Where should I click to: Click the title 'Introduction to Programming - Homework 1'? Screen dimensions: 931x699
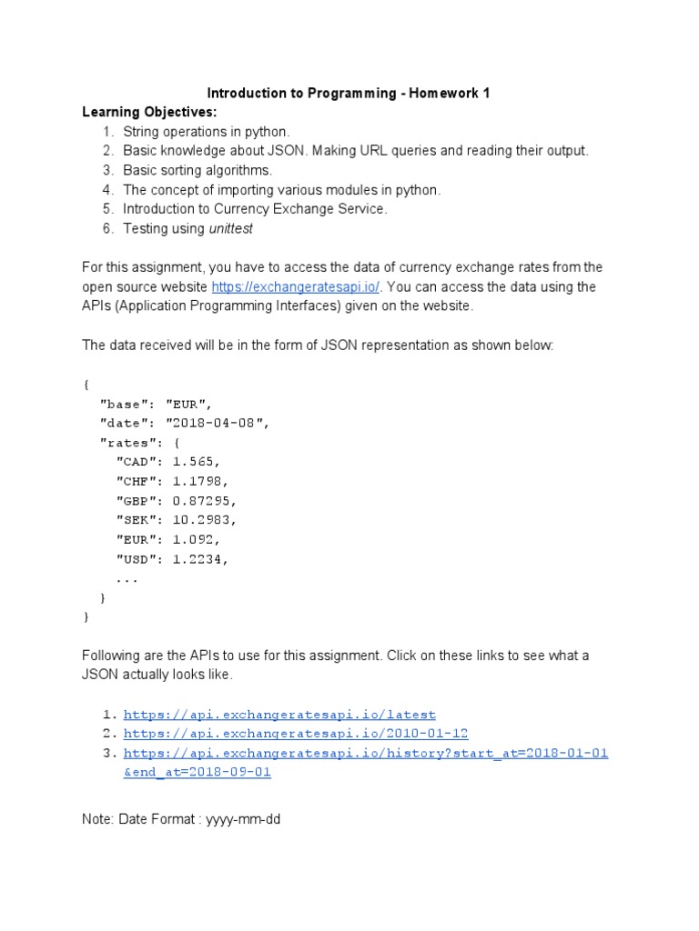click(349, 94)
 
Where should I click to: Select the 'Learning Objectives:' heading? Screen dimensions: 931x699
click(150, 113)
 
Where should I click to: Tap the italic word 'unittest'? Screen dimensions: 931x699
click(231, 229)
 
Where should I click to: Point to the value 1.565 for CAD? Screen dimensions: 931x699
click(196, 462)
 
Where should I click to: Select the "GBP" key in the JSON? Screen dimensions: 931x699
click(137, 501)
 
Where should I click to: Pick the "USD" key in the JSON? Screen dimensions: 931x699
click(137, 559)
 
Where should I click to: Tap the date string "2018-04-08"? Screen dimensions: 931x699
click(218, 423)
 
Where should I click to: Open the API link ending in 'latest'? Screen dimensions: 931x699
click(279, 715)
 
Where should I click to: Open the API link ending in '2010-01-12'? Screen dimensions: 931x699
click(296, 734)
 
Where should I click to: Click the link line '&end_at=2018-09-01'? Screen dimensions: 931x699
click(197, 773)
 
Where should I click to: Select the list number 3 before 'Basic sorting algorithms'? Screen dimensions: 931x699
click(107, 170)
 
